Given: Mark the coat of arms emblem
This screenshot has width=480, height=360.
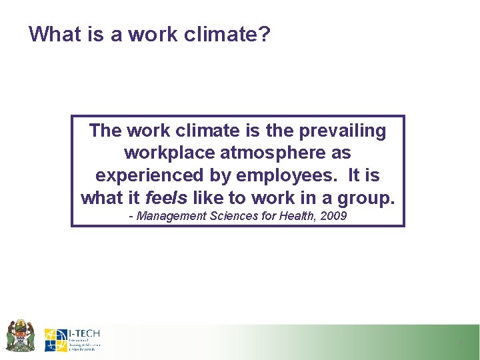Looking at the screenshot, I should pos(20,335).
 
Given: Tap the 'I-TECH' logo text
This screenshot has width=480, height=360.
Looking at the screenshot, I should pos(84,333).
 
